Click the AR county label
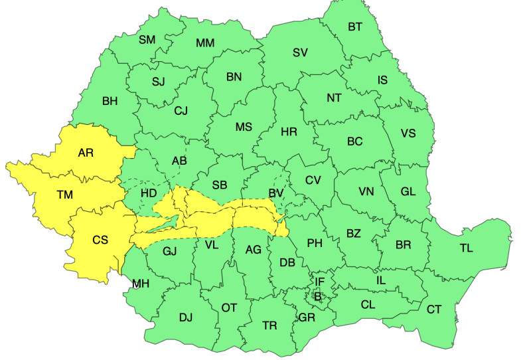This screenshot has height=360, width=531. (x=86, y=153)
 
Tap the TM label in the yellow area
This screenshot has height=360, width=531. (x=64, y=195)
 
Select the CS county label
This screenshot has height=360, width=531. (x=100, y=240)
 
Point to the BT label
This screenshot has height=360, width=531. (x=356, y=27)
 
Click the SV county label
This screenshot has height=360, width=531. (x=300, y=52)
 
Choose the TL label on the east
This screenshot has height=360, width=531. (x=467, y=248)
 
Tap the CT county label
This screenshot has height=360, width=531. (x=434, y=309)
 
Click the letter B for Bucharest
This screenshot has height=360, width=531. (x=317, y=296)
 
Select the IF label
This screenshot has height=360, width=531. (x=319, y=282)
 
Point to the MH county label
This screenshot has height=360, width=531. (x=140, y=284)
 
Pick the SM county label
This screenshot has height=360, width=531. (x=147, y=40)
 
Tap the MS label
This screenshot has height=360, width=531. (x=244, y=127)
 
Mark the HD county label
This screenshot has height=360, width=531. (x=149, y=193)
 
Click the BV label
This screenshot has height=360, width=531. (x=276, y=193)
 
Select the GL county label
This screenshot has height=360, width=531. (x=408, y=191)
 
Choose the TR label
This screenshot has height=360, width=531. (x=269, y=325)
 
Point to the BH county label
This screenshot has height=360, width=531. (x=110, y=102)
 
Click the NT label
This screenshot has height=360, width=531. (x=334, y=98)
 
